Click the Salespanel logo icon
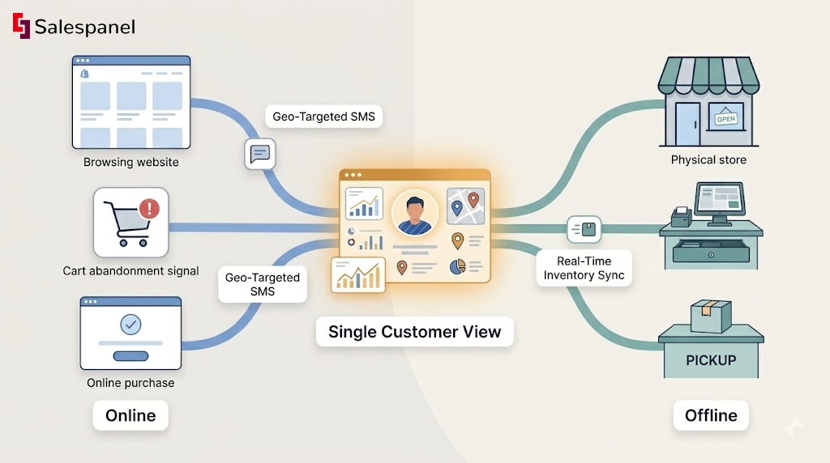21,27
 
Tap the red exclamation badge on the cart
149,210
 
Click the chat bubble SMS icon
260,153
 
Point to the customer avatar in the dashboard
414,213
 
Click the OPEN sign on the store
725,119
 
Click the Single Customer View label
414,331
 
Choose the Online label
130,415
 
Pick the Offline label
711,415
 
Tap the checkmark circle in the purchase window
130,325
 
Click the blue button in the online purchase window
130,356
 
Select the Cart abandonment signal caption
130,271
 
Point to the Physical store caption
708,159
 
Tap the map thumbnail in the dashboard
464,205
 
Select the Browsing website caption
130,162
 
